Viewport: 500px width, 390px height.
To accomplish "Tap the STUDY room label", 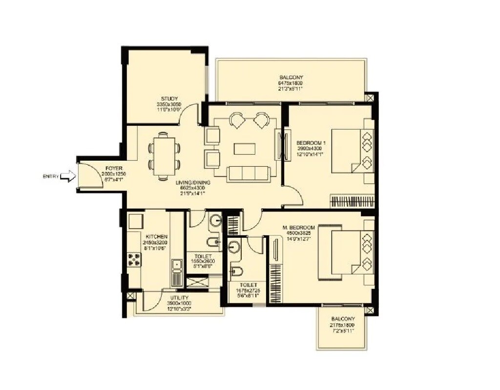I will [169, 99].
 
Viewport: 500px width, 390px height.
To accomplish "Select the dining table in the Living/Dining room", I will [164, 156].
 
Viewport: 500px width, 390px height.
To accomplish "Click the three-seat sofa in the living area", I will [248, 173].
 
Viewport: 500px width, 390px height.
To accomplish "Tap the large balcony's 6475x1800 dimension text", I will [291, 83].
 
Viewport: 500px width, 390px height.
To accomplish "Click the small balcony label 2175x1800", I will [342, 325].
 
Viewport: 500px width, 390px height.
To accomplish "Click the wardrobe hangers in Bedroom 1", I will [353, 201].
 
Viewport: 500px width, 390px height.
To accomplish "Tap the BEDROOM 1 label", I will [311, 143].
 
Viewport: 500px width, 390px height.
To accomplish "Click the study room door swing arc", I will [204, 113].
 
